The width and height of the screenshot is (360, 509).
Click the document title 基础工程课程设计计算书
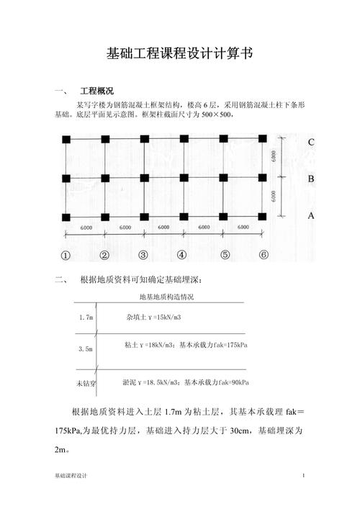coord(179,53)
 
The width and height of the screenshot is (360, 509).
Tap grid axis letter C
coord(310,142)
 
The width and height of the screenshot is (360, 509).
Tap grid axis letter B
coord(310,179)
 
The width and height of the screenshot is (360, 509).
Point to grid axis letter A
coord(310,215)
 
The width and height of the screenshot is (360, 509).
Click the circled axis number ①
coord(66,255)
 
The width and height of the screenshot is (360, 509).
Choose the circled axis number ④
coord(181,255)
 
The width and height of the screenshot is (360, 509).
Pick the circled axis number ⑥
coord(264,255)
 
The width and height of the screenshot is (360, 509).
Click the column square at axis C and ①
coord(66,140)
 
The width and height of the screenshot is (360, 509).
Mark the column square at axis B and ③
coord(143,178)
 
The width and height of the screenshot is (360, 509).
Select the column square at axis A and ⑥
coord(264,216)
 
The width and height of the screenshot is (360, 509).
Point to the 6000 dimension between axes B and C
coord(274,158)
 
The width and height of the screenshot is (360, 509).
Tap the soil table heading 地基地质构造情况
coord(166,297)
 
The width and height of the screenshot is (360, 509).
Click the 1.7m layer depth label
coord(86,317)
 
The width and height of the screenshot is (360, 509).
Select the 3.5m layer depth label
coord(86,349)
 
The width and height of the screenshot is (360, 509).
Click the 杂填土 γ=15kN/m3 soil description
coord(153,317)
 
